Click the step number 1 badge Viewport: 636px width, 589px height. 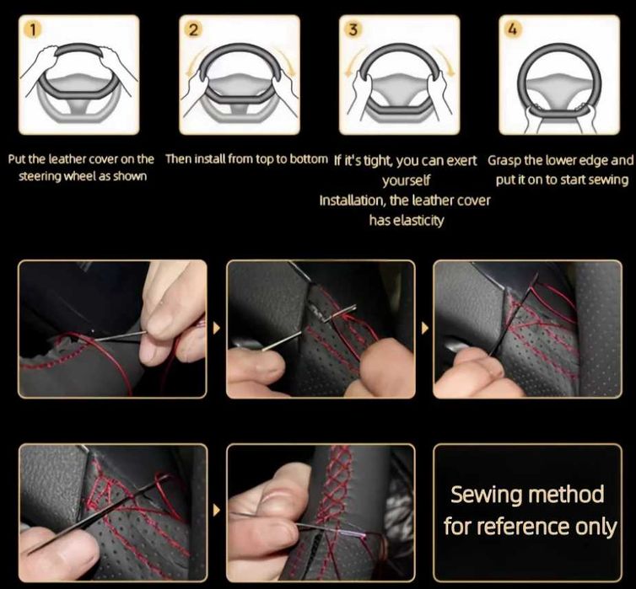pos(33,29)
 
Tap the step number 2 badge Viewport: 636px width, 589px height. pos(193,29)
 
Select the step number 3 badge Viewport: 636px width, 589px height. pos(353,29)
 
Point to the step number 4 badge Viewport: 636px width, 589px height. pos(513,29)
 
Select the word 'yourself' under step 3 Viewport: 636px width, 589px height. pos(407,180)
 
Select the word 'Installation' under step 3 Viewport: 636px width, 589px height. pos(351,201)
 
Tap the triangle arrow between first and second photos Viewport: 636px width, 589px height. pos(217,328)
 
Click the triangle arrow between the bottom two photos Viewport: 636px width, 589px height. pos(217,510)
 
